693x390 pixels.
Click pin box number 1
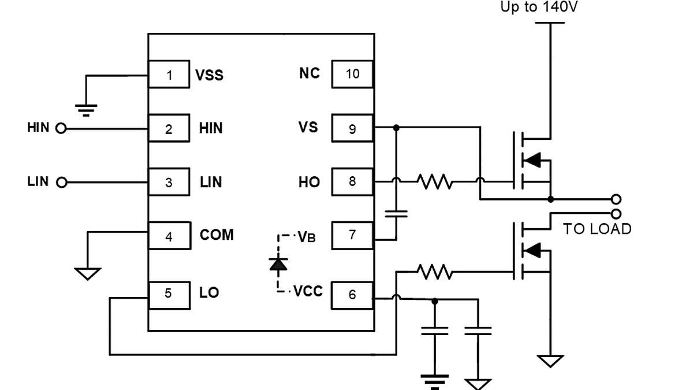tap(169, 75)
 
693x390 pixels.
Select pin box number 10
tap(352, 74)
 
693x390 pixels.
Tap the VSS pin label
tap(209, 75)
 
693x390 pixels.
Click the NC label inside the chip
tap(310, 73)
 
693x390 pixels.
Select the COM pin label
tap(217, 235)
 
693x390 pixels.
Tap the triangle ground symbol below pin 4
tap(88, 273)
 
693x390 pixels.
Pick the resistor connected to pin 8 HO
tap(435, 182)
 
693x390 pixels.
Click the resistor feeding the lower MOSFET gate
tap(435, 271)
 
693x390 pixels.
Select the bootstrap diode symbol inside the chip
tap(279, 263)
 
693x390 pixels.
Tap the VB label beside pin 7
tap(306, 236)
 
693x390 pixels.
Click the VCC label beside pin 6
tap(308, 291)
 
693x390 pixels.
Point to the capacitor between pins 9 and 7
tap(396, 213)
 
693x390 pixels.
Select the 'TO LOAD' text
tap(597, 229)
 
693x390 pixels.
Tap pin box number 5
tap(169, 294)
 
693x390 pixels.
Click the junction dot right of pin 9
tap(396, 127)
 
